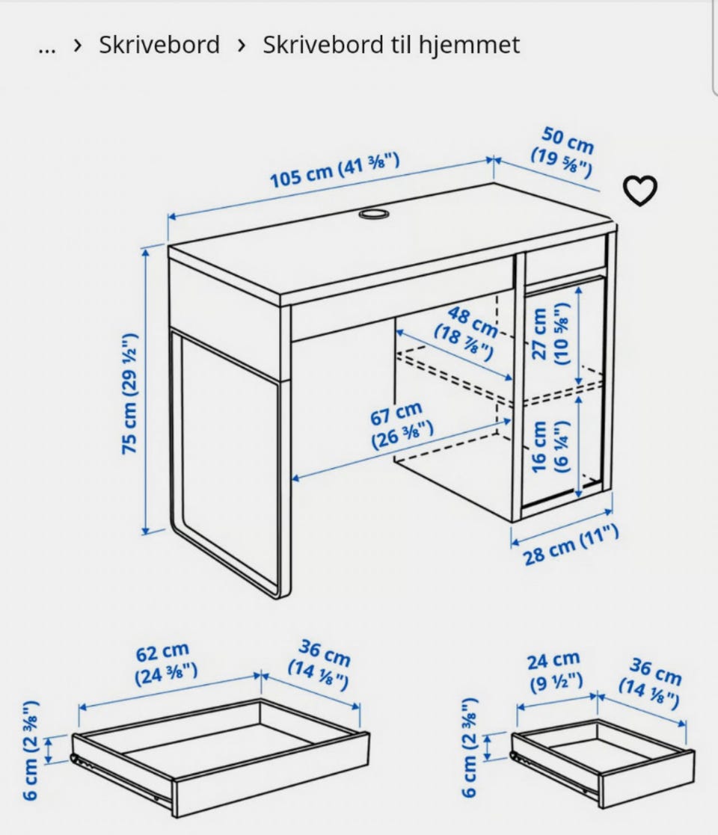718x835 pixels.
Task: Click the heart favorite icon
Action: (x=640, y=190)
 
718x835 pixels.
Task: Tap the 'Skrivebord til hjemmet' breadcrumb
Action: (x=391, y=44)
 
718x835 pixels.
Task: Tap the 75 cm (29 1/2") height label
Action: (x=129, y=393)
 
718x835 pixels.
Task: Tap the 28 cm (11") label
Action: (x=570, y=545)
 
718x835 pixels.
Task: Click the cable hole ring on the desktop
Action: (x=373, y=214)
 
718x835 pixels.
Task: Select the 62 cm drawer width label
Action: (x=165, y=664)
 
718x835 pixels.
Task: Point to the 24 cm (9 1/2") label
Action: (x=555, y=671)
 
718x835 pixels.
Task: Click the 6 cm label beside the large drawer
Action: (x=31, y=750)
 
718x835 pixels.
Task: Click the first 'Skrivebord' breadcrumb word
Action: (x=159, y=44)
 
